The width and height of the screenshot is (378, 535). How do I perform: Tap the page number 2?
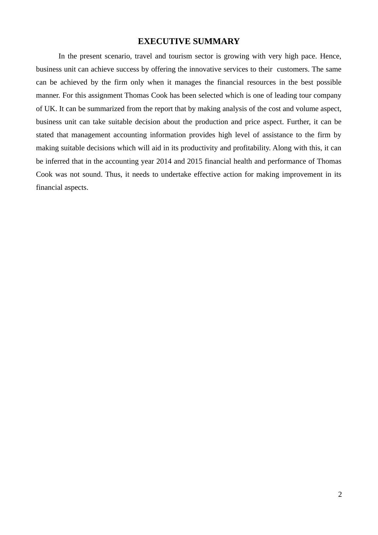pyautogui.click(x=340, y=494)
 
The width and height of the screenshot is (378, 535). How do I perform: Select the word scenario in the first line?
pyautogui.click(x=118, y=56)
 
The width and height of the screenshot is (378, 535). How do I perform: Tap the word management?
pyautogui.click(x=91, y=135)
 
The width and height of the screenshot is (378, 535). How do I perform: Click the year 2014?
pyautogui.click(x=164, y=161)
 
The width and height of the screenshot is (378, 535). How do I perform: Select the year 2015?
pyautogui.click(x=195, y=161)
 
